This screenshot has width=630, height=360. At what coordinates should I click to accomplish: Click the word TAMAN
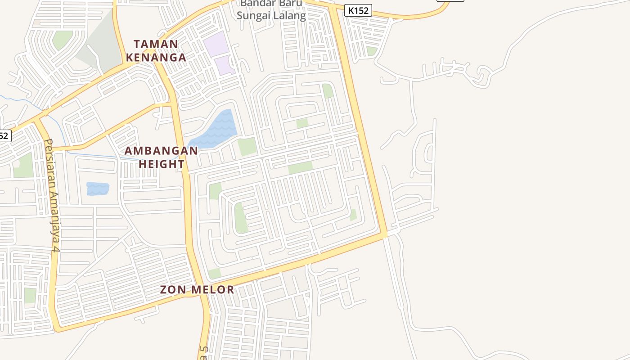tap(156, 44)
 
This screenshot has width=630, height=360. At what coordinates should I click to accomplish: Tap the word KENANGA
tap(156, 58)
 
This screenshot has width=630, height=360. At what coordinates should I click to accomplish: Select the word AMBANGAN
tap(162, 151)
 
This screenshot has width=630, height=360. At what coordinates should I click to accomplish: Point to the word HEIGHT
tap(162, 164)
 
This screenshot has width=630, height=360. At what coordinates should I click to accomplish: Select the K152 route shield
tap(358, 10)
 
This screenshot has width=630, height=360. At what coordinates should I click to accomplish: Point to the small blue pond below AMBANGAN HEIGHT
tap(98, 189)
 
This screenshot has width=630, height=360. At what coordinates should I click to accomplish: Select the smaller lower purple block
tap(224, 66)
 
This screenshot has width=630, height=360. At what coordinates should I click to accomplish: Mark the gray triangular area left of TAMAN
tap(97, 45)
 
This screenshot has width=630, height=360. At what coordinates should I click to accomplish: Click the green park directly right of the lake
tap(247, 147)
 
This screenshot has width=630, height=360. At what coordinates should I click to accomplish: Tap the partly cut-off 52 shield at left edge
tap(4, 135)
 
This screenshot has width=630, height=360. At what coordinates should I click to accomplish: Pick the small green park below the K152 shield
tap(371, 51)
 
